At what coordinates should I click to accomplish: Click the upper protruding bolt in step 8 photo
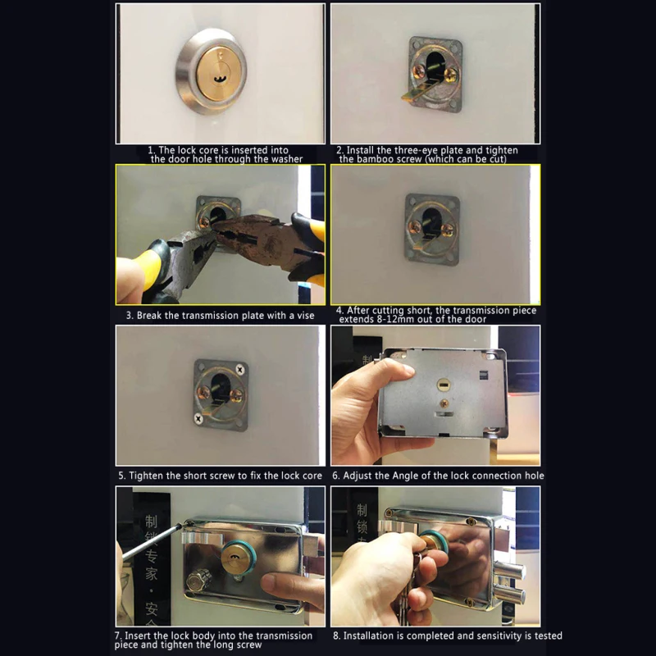[x=517, y=569]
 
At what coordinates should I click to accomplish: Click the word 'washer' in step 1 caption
[x=283, y=159]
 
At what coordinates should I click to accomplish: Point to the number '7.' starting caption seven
[x=119, y=635]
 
